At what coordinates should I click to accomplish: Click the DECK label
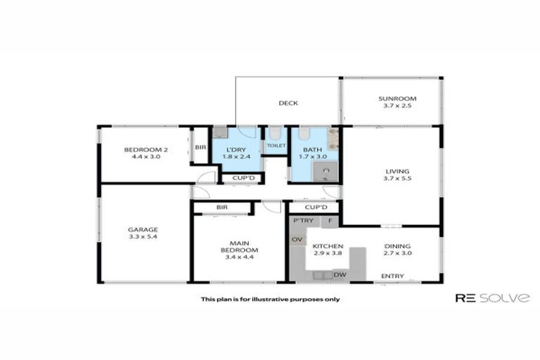click(x=288, y=103)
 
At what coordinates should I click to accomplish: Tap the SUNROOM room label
click(x=397, y=99)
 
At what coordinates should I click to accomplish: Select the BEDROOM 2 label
click(x=146, y=149)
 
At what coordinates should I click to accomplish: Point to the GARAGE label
click(x=143, y=229)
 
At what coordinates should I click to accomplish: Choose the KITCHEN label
click(x=328, y=246)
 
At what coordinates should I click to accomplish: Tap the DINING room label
click(x=398, y=246)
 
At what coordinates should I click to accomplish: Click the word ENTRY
click(x=392, y=276)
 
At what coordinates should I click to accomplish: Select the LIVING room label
click(x=397, y=171)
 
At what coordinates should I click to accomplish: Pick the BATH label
click(x=312, y=150)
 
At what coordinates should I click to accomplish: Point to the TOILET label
click(x=276, y=146)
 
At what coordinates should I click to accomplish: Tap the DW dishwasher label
click(x=340, y=274)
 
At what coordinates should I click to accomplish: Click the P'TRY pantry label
click(x=303, y=221)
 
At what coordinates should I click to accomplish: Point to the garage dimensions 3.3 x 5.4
click(x=143, y=238)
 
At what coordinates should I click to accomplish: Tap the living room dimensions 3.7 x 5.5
click(x=397, y=179)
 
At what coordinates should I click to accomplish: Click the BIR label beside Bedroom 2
click(x=200, y=147)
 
